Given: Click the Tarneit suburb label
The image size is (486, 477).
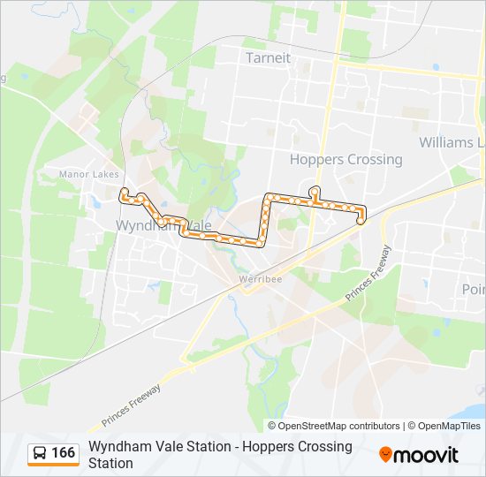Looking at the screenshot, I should tap(268, 57).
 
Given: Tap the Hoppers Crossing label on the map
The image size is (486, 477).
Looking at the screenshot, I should tap(346, 160).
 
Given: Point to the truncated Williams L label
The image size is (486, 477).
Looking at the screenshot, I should tap(452, 142).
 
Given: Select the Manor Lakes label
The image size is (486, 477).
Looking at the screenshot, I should tap(82, 174).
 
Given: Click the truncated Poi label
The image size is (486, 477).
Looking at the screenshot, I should tap(474, 289).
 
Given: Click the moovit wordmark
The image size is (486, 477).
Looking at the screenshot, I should tap(428, 455).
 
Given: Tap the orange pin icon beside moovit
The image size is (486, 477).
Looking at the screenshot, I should tap(385, 455).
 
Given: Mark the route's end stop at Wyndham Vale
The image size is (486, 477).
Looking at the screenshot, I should tap(125, 193).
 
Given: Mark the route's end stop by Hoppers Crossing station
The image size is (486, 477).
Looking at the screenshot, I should tap(361, 221).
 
